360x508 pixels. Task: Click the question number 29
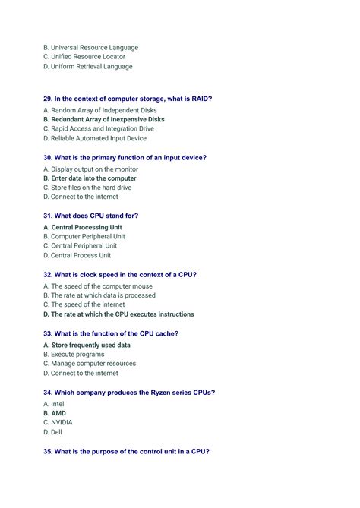[x=48, y=99]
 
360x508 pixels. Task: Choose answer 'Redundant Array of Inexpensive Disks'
[x=107, y=120]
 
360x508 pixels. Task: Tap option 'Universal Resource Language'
[x=94, y=47]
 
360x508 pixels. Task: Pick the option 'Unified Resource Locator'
[x=88, y=57]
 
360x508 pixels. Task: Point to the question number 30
[x=48, y=158]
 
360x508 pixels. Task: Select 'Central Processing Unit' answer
[x=86, y=227]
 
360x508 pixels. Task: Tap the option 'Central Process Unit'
[x=81, y=255]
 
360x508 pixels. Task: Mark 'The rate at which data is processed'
[x=103, y=295]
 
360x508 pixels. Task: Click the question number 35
[x=48, y=451]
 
